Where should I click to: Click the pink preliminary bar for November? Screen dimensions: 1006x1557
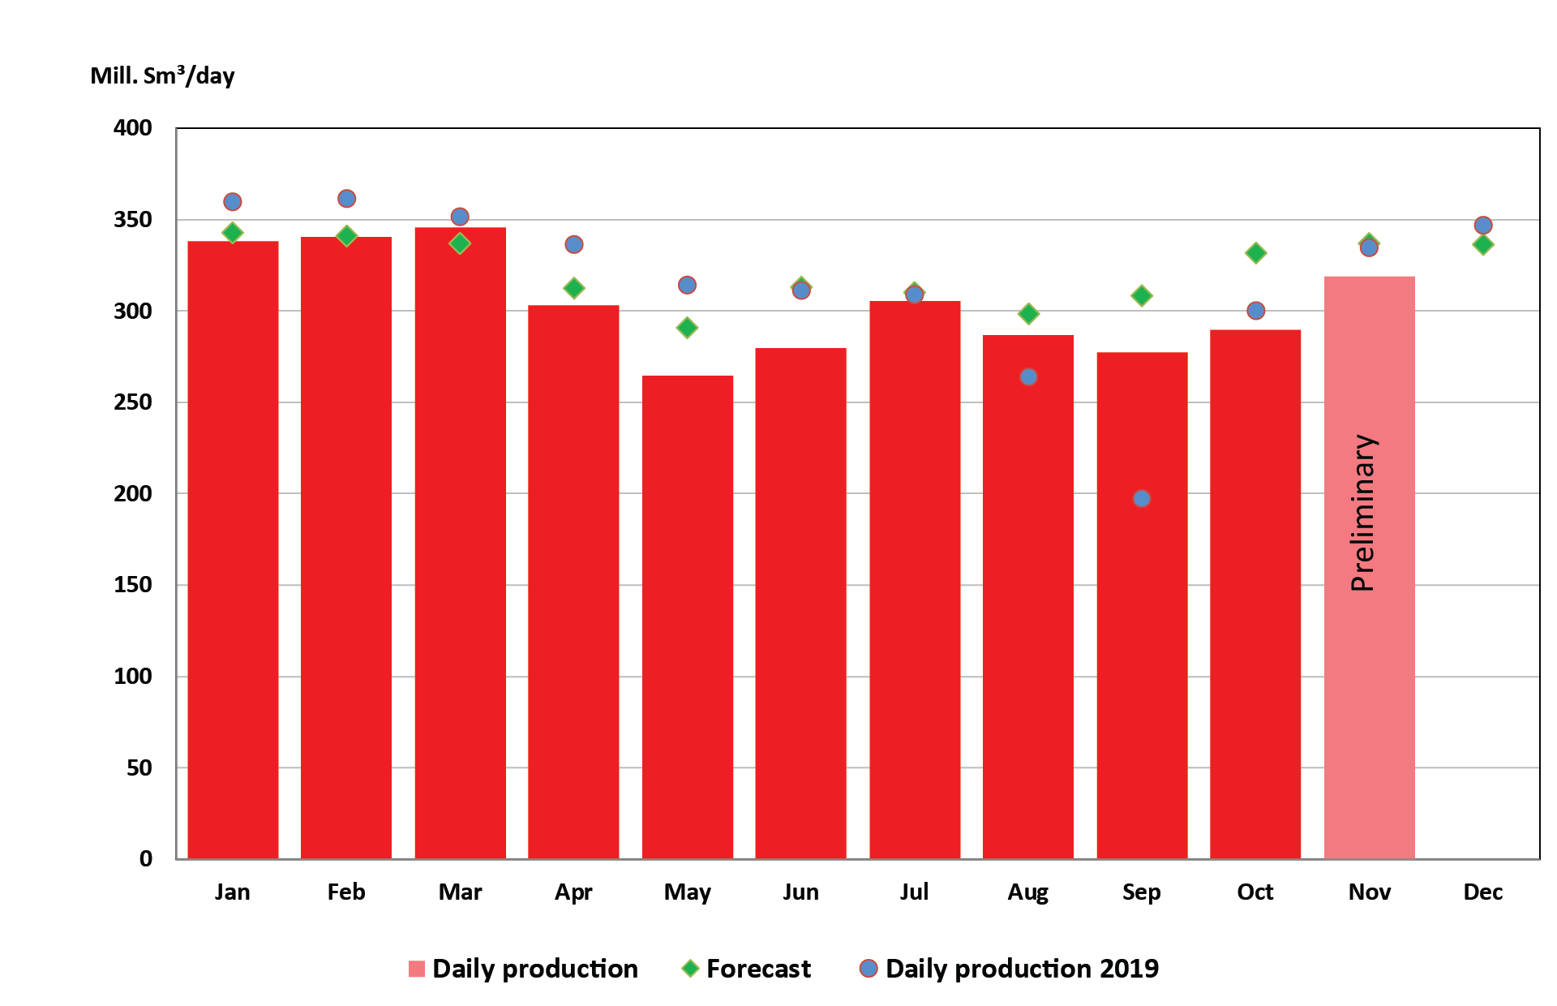pyautogui.click(x=1369, y=690)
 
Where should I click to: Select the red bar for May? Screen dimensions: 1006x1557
pyautogui.click(x=687, y=617)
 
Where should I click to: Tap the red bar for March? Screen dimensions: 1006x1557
pyautogui.click(x=460, y=544)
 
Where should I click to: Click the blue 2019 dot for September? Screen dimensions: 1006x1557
pyautogui.click(x=1142, y=498)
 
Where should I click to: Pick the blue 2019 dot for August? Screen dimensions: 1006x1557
pyautogui.click(x=1028, y=376)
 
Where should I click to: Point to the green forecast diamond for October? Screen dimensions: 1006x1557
pyautogui.click(x=1255, y=253)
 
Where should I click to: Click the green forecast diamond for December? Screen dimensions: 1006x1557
pyautogui.click(x=1483, y=244)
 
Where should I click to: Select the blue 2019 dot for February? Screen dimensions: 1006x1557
pyautogui.click(x=346, y=199)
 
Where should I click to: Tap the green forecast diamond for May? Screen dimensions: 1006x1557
pyautogui.click(x=687, y=328)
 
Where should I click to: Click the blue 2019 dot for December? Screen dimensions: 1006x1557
pyautogui.click(x=1483, y=226)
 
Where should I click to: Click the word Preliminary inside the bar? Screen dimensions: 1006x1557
pyautogui.click(x=1364, y=513)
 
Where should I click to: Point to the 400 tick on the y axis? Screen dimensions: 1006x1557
pyautogui.click(x=133, y=128)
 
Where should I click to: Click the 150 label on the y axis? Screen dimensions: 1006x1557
pyautogui.click(x=133, y=585)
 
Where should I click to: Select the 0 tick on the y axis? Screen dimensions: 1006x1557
pyautogui.click(x=146, y=858)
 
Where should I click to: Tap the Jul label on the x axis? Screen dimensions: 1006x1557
pyautogui.click(x=914, y=892)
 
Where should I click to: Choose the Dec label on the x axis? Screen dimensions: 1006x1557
pyautogui.click(x=1482, y=892)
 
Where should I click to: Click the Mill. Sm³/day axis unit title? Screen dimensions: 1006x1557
pyautogui.click(x=162, y=75)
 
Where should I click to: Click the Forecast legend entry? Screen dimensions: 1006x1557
pyautogui.click(x=757, y=969)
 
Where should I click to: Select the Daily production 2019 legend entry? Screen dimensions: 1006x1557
pyautogui.click(x=1021, y=969)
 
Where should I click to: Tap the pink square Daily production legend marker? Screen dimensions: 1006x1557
pyautogui.click(x=417, y=969)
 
